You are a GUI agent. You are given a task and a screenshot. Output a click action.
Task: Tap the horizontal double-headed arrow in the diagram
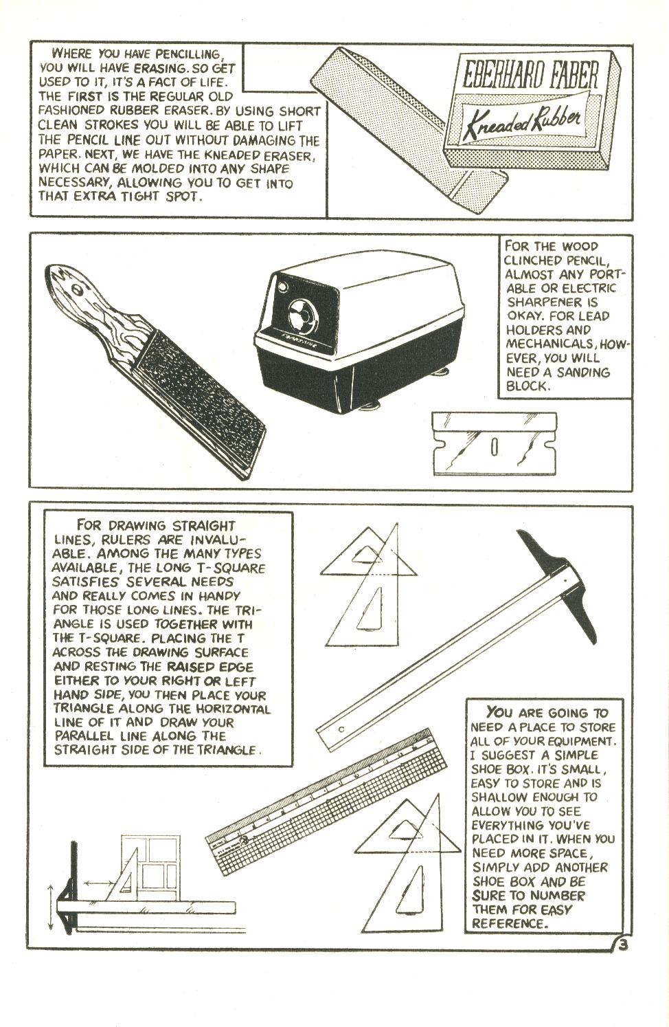click(x=100, y=880)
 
